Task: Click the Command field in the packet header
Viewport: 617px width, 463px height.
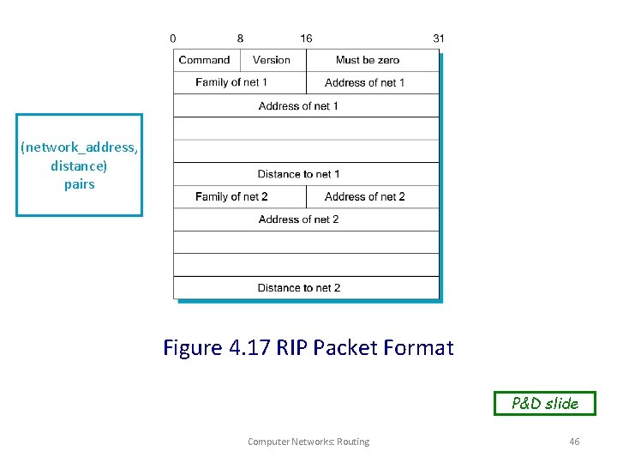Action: coord(205,60)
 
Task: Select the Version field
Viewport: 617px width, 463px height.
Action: coord(272,60)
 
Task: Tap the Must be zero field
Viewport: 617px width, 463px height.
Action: coord(368,60)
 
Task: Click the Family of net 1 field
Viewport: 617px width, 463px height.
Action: coord(231,82)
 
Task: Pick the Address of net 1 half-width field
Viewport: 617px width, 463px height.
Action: coord(365,83)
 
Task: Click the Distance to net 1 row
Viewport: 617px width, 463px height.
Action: coord(299,174)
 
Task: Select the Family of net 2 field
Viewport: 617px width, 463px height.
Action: coord(231,197)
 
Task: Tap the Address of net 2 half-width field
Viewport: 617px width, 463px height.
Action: coord(365,197)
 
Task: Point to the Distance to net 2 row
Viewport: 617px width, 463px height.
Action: coord(299,288)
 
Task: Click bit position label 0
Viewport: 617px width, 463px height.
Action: coord(173,39)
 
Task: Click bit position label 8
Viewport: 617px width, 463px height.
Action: coord(240,39)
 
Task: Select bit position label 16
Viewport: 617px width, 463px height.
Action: coord(306,39)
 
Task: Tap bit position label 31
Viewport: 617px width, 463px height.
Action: coord(439,39)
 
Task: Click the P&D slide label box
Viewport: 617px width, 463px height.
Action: coord(544,403)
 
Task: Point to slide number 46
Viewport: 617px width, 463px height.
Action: coord(574,442)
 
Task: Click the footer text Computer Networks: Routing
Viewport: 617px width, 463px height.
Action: coord(308,442)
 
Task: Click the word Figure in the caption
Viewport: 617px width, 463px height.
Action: coord(193,348)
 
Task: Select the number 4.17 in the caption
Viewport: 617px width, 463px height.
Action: coord(249,348)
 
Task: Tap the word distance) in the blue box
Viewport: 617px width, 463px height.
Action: coord(79,165)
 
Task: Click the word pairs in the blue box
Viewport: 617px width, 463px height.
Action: coord(79,184)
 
